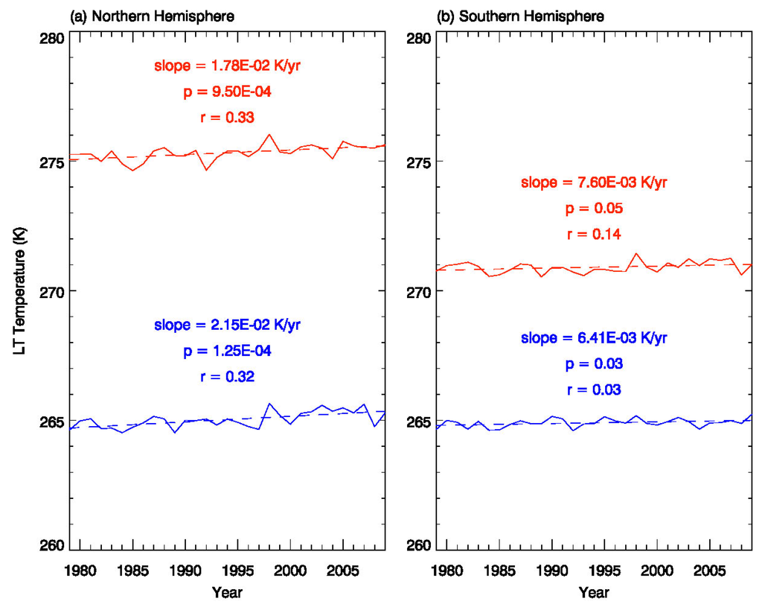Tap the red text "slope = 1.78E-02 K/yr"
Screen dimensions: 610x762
pyautogui.click(x=228, y=66)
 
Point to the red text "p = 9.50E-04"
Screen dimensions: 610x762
pyautogui.click(x=228, y=92)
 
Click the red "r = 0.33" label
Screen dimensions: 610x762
pyautogui.click(x=228, y=117)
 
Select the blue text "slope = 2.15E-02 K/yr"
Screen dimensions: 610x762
pyautogui.click(x=228, y=325)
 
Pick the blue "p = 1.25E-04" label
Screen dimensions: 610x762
pyautogui.click(x=228, y=350)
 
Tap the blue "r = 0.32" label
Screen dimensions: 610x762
pyautogui.click(x=228, y=376)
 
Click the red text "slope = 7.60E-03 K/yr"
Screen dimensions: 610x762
pyautogui.click(x=594, y=183)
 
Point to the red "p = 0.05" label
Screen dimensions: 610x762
pyautogui.click(x=594, y=209)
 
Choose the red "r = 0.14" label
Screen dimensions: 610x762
pyautogui.click(x=594, y=234)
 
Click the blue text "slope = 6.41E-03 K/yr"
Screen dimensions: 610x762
pyautogui.click(x=594, y=338)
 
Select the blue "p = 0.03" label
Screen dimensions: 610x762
pyautogui.click(x=594, y=363)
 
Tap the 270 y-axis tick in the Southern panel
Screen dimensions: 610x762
pyautogui.click(x=417, y=291)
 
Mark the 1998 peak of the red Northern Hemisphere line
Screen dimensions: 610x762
pyautogui.click(x=269, y=135)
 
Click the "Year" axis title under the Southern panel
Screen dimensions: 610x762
pyautogui.click(x=594, y=593)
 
